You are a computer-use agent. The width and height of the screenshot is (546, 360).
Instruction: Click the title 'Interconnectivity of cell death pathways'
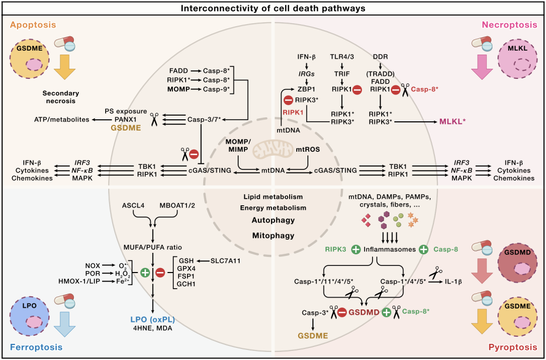pyautogui.click(x=273, y=9)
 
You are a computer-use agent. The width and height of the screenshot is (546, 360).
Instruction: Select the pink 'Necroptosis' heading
pyautogui.click(x=509, y=25)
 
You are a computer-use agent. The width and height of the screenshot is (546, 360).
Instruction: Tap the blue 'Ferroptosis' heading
pyautogui.click(x=35, y=347)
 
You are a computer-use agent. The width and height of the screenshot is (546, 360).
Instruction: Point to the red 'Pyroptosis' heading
pyautogui.click(x=512, y=347)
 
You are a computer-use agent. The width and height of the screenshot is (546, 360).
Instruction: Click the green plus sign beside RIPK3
pyautogui.click(x=356, y=249)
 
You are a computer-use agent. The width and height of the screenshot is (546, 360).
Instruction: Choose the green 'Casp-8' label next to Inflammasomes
pyautogui.click(x=446, y=249)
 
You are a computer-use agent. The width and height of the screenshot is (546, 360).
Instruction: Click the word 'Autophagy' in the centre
pyautogui.click(x=273, y=220)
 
